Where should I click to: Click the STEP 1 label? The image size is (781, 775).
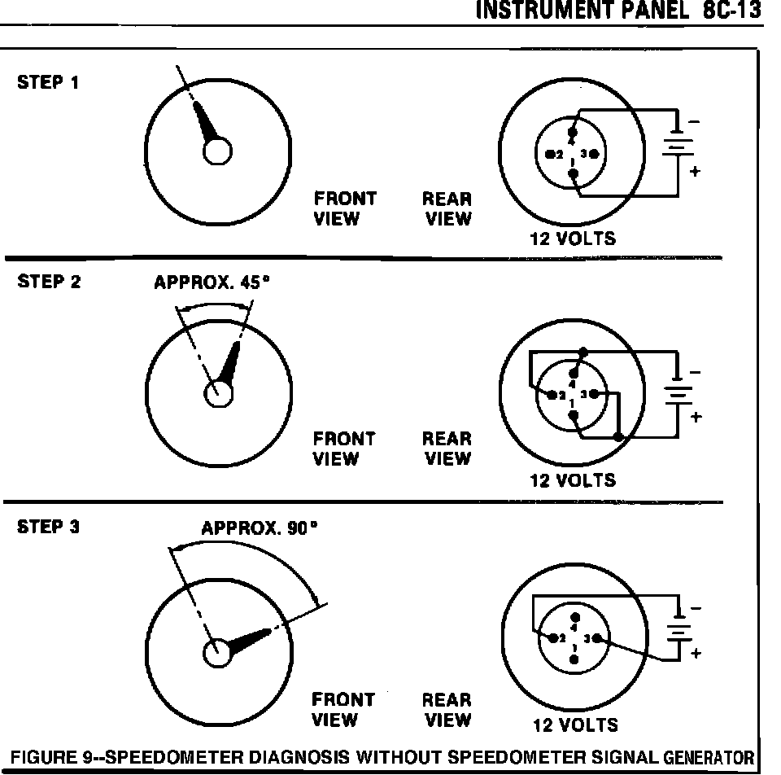click(x=49, y=82)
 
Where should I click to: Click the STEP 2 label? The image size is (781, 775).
click(x=49, y=282)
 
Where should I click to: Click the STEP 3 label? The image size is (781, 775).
click(x=49, y=527)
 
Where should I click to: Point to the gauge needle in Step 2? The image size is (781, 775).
click(x=231, y=361)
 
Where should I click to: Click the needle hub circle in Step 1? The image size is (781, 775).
click(x=217, y=151)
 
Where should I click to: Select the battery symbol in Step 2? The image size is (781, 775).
click(x=676, y=395)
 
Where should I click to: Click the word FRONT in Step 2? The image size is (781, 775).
click(x=345, y=438)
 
